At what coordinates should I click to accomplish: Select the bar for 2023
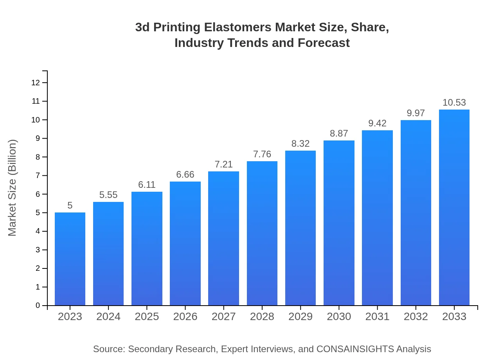coord(70,259)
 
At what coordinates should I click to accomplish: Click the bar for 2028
coord(262,233)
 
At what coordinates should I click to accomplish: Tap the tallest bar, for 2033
coord(454,207)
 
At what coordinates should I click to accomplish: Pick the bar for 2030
coord(339,223)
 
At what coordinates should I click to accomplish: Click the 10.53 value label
coord(454,103)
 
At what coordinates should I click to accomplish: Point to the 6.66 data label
coord(185,175)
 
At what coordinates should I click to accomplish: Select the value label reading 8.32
coord(300,144)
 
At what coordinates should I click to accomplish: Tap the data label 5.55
coord(108,195)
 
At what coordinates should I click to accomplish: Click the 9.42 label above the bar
coord(377,123)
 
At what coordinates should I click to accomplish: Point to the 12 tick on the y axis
coord(36,83)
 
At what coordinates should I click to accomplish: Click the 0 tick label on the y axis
coord(38,306)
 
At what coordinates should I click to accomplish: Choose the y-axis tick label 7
coord(38,176)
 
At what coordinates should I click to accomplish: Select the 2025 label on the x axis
coord(147,317)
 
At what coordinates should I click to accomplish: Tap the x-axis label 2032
coord(416,317)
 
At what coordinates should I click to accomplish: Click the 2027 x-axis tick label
coord(224,317)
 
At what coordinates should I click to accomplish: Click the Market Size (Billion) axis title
coord(13,188)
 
